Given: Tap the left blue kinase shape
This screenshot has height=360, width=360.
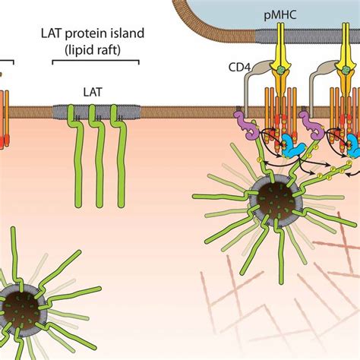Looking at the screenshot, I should tap(292, 144).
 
